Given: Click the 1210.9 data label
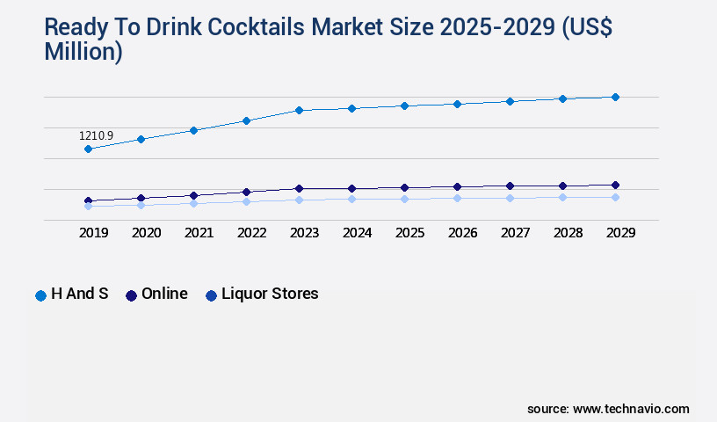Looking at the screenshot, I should (x=96, y=136).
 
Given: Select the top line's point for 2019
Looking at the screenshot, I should (x=88, y=149).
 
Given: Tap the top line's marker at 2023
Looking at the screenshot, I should (x=299, y=110).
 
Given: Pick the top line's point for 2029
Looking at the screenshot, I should (x=615, y=97).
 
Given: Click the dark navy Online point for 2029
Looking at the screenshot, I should (x=615, y=185).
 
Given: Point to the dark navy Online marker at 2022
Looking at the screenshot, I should (x=246, y=192).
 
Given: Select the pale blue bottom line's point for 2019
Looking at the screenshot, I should (x=88, y=207).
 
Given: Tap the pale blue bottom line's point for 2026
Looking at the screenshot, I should (x=457, y=198).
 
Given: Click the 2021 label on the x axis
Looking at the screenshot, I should (x=199, y=233).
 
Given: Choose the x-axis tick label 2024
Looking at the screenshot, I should (x=357, y=233).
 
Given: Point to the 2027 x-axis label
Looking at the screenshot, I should (x=515, y=233).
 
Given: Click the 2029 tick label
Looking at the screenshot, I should (x=620, y=233).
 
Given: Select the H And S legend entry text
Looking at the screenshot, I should (x=80, y=294).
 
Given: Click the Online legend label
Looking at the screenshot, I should (x=164, y=294).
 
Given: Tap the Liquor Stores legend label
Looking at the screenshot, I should (x=270, y=294).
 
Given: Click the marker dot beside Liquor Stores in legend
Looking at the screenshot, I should (x=211, y=295).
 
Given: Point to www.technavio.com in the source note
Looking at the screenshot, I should (x=631, y=409).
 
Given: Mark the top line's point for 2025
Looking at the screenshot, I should (x=404, y=105).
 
